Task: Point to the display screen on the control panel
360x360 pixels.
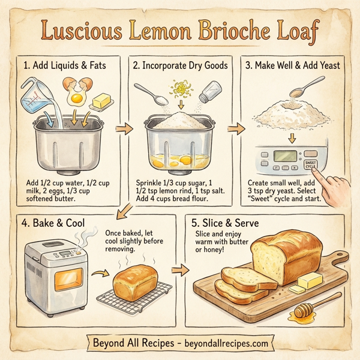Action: coord(282,157)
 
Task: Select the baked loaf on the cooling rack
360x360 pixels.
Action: coord(136,281)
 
